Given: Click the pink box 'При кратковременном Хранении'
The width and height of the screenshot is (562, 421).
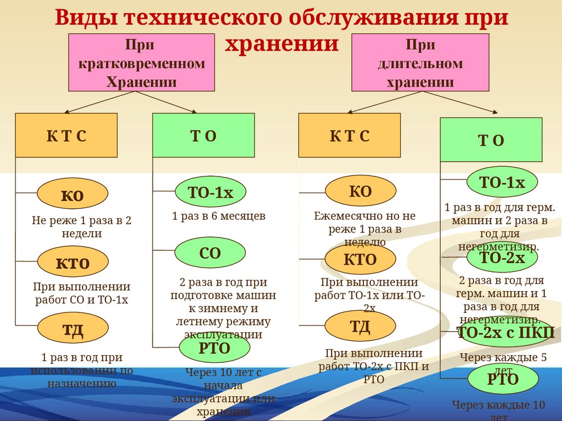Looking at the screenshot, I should [x=141, y=62].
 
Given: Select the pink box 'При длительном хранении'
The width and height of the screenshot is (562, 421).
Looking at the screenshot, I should [x=420, y=62].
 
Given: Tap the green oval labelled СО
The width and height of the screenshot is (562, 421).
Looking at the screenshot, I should [x=210, y=253].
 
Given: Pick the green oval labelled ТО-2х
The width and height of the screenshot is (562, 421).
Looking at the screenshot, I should [x=502, y=257].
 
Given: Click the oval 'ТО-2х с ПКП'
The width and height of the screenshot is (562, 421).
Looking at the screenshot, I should [x=505, y=332].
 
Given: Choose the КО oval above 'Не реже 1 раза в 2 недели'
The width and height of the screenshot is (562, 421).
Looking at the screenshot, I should [x=72, y=194].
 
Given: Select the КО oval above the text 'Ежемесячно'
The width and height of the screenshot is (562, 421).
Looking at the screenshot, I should [x=361, y=191].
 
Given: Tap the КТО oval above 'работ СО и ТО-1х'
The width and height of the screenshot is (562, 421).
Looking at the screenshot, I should [x=72, y=263].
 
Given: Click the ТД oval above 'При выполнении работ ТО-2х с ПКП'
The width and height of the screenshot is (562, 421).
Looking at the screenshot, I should [x=360, y=326].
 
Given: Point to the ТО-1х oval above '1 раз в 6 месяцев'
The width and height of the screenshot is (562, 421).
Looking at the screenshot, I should [x=211, y=192].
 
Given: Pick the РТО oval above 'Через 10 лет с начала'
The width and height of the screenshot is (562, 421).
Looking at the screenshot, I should [x=215, y=348].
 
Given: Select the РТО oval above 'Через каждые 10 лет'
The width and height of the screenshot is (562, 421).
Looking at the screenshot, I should [x=503, y=379].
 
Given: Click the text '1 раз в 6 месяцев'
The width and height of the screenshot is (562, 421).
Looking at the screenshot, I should [x=218, y=217].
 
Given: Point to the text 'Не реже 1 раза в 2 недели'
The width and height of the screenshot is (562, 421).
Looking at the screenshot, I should [x=82, y=227].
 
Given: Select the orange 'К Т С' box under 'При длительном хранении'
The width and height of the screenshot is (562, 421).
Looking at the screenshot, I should [x=350, y=135].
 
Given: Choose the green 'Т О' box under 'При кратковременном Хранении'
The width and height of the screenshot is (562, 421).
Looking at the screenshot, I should [x=203, y=135].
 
